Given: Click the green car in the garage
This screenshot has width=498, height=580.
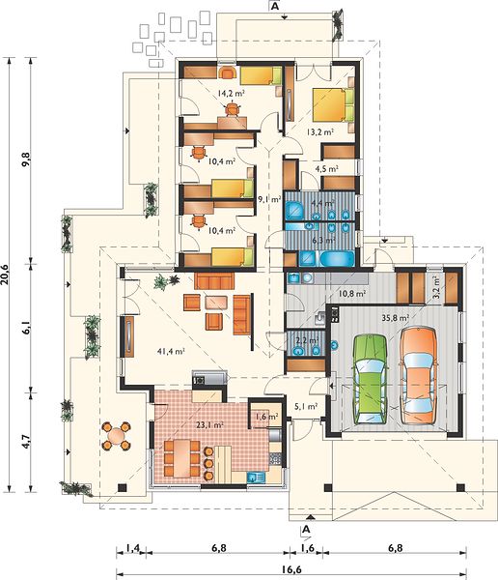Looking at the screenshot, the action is [x=371, y=379].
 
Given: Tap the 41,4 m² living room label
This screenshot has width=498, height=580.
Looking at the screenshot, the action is [x=171, y=351].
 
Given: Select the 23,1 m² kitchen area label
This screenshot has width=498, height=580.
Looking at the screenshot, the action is [x=209, y=424].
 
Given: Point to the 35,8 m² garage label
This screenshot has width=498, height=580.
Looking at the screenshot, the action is [x=396, y=317].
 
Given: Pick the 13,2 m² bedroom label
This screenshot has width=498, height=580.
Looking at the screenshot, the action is [x=320, y=131].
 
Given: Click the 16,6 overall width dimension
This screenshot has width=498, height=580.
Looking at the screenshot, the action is [x=291, y=569].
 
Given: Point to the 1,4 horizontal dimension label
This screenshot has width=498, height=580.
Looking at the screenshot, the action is [x=131, y=548].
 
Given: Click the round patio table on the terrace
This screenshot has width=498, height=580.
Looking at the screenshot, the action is [x=117, y=435].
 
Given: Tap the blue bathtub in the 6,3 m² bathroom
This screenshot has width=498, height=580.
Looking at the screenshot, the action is [x=337, y=258].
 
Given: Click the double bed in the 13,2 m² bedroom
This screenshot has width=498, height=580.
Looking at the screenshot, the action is [x=334, y=104].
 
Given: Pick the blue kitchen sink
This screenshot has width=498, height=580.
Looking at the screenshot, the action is [x=256, y=478].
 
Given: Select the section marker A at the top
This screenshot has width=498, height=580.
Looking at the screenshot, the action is [x=274, y=7].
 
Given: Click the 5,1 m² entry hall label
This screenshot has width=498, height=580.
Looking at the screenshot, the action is [x=307, y=407].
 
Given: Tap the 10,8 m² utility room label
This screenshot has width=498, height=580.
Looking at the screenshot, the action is [x=351, y=294].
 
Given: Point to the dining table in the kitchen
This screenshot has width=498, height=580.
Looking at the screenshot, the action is [x=181, y=457].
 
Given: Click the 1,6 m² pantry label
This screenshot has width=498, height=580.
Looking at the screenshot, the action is [x=266, y=417].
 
